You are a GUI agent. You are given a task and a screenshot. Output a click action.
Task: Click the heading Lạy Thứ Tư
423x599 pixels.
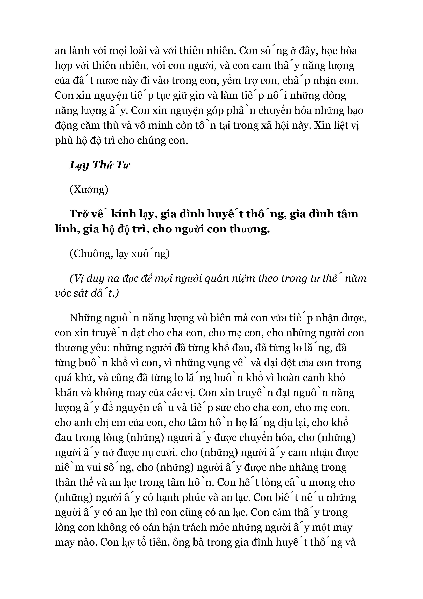click(x=99, y=165)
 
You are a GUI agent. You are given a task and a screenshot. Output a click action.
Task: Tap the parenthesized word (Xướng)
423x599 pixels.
click(x=89, y=189)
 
